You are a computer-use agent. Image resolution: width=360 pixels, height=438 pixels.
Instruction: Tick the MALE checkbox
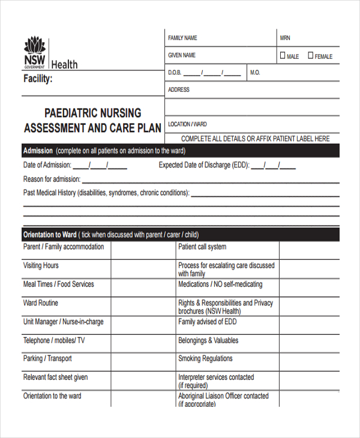pos(283,56)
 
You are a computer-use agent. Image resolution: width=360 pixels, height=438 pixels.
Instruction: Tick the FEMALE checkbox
pos(310,56)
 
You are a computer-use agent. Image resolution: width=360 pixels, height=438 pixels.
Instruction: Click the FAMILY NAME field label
pos(182,38)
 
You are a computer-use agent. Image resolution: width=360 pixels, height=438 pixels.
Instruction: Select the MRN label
pos(285,38)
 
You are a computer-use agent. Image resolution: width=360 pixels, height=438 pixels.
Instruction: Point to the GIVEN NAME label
pos(182,55)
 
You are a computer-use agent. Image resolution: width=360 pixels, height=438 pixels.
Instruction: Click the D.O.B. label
pos(175,73)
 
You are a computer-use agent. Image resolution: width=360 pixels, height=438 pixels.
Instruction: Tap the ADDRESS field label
pos(179,89)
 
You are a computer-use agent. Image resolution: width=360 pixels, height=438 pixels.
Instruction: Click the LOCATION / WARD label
pos(187,124)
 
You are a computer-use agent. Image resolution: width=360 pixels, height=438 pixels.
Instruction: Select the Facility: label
pos(38,79)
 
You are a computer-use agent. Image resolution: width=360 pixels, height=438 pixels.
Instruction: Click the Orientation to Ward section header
pos(50,235)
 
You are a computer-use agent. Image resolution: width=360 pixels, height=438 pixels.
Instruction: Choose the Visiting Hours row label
pos(41,265)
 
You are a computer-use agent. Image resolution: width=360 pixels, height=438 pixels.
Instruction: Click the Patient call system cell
pos(202,247)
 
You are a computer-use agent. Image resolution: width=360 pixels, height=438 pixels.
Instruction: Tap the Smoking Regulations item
pos(205,359)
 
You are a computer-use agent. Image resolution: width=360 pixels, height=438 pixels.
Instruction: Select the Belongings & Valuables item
pos(208,340)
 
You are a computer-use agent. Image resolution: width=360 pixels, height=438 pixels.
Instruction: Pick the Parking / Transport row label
pos(47,359)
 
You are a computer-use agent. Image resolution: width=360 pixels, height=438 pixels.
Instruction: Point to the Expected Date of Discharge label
pos(203,165)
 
